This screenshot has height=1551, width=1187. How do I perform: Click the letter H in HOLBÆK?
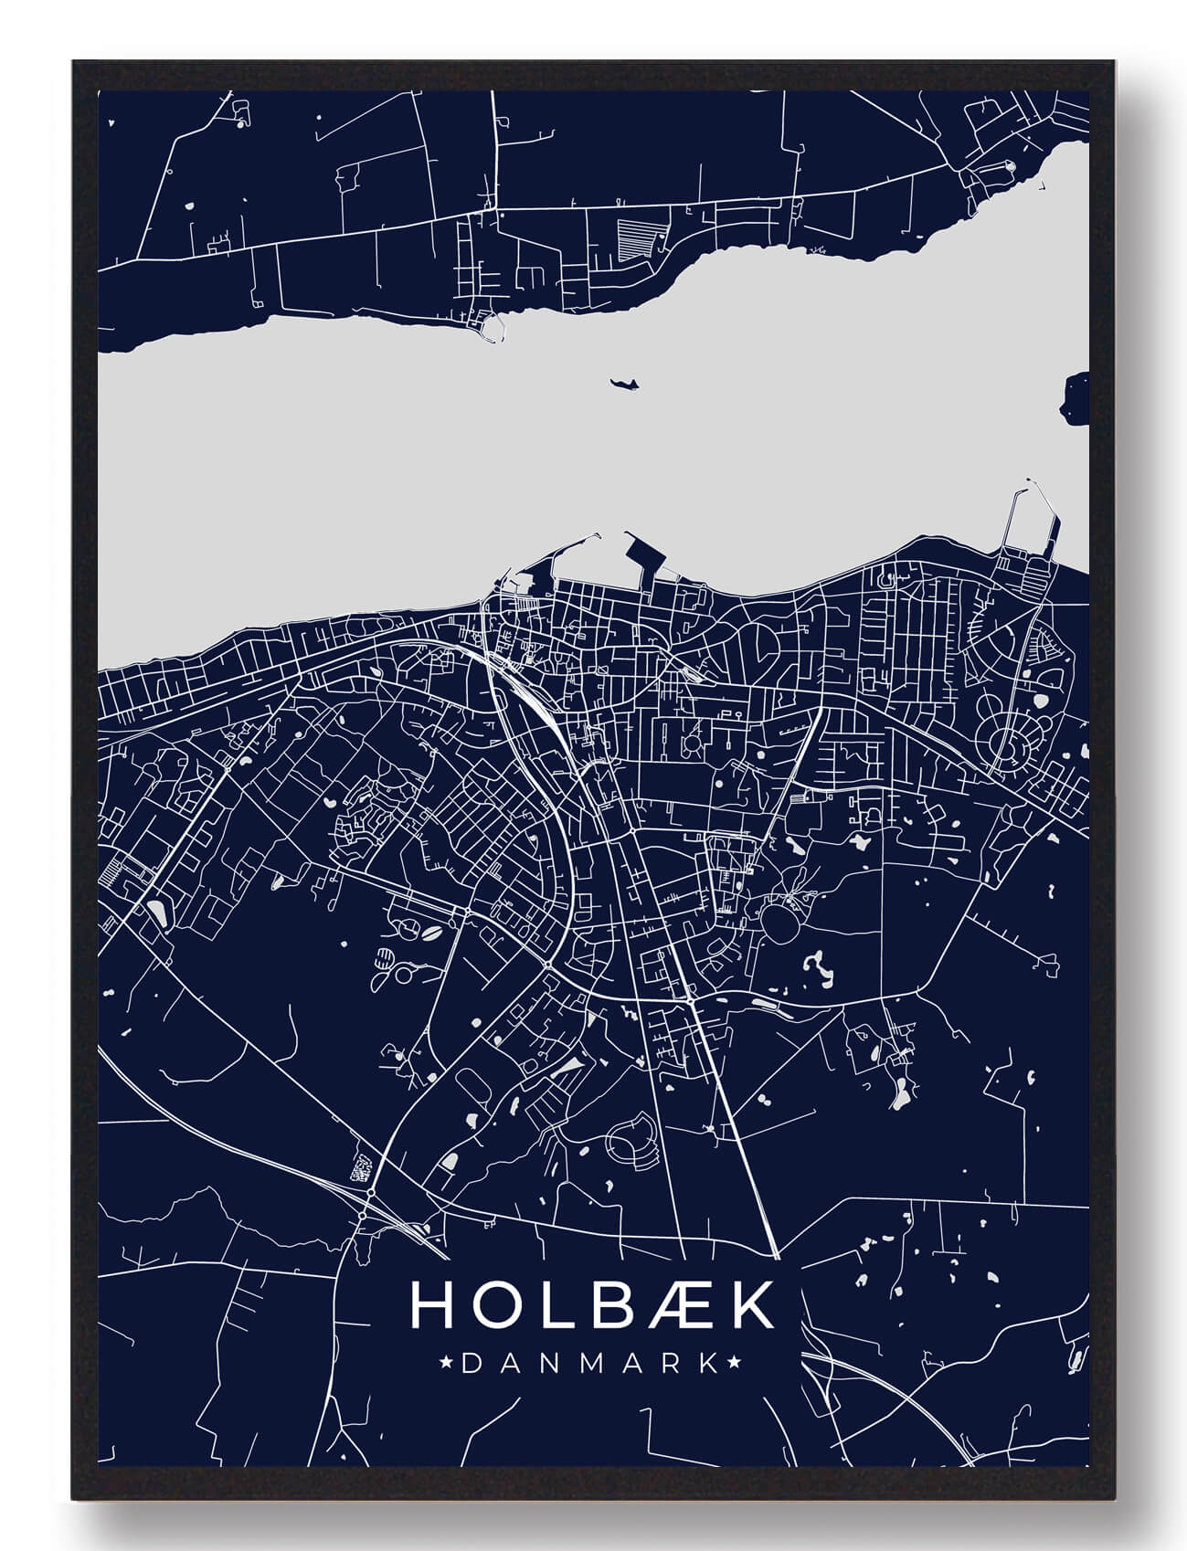[x=431, y=1305]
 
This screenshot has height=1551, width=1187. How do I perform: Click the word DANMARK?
[x=590, y=1364]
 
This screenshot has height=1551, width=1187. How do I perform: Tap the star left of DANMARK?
[x=447, y=1364]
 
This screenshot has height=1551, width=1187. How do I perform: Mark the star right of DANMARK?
[x=733, y=1364]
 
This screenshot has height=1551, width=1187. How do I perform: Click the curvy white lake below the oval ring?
[x=815, y=968]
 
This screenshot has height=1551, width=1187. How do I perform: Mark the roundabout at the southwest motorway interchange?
[x=371, y=1193]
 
